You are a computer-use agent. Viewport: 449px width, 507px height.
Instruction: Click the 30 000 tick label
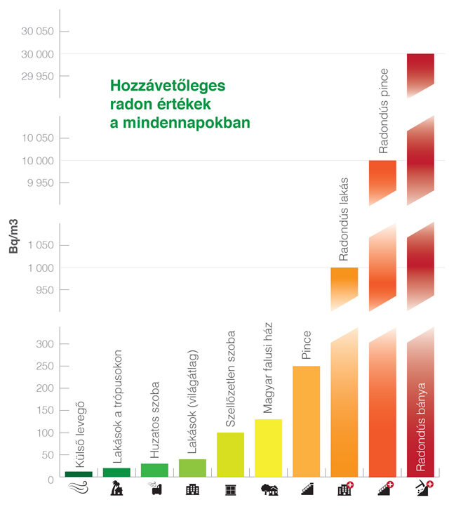point(36,54)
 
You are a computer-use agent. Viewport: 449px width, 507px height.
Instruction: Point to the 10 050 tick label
point(36,138)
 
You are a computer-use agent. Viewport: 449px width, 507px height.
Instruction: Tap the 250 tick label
point(44,366)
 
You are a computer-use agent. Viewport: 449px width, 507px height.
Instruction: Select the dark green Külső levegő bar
point(79,474)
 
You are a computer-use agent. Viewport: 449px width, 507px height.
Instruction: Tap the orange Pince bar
point(306,421)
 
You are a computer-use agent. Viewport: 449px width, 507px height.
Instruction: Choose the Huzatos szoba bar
point(154,470)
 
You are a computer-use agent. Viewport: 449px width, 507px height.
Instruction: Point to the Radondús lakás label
point(344,218)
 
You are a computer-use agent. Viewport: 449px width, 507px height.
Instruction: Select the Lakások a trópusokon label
point(117,405)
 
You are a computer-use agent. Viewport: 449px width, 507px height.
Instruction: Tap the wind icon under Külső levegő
point(79,489)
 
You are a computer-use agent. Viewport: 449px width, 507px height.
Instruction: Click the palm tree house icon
point(116,489)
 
